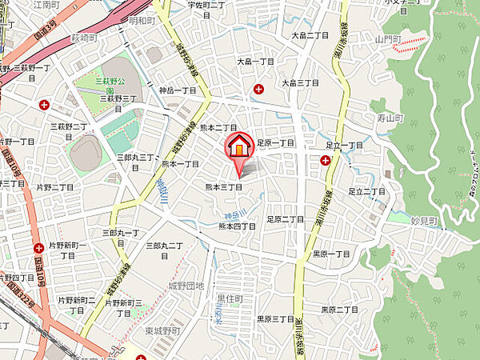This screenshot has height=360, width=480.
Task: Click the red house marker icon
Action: coord(239,147)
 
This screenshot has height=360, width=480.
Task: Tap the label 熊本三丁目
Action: coord(224,186)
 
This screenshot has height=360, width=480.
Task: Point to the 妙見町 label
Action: coord(423,220)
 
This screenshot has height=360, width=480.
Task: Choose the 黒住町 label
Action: coord(230,298)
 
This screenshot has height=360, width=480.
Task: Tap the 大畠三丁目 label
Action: coord(300,82)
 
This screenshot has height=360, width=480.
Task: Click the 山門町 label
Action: coord(390,38)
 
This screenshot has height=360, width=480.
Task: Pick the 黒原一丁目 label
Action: coord(331,254)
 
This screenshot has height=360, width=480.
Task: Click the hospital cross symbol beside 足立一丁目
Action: coord(326,160)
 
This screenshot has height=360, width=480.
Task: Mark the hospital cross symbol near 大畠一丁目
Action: coord(259,89)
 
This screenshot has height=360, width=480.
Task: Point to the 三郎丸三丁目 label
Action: coord(137,158)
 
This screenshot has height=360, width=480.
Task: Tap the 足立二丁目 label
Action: coord(367,191)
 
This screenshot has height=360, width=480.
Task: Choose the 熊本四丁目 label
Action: coord(238,226)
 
